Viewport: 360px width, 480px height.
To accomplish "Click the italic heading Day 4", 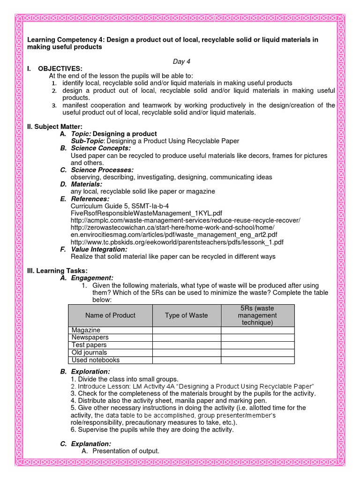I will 180,61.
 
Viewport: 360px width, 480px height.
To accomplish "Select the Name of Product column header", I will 110,315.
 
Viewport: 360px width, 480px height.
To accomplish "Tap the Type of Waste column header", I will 186,315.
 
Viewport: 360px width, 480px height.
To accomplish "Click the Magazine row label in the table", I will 86,330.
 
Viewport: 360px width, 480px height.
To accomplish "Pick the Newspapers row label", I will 90,337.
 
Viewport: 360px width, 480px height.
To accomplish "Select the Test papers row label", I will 89,345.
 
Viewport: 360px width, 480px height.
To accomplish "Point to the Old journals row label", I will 89,352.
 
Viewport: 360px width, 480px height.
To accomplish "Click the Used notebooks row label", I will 96,360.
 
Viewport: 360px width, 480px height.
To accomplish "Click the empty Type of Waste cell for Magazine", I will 186,330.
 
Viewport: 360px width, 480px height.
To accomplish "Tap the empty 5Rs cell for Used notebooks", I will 257,360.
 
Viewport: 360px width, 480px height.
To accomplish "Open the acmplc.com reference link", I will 185,220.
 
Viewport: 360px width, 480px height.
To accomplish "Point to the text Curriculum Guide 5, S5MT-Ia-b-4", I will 120,206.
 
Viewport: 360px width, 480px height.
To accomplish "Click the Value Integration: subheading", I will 99,249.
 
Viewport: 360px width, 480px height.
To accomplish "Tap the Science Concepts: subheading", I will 100,148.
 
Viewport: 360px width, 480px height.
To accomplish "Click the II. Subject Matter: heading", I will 55,127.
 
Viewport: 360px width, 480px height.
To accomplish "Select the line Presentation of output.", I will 126,451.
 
